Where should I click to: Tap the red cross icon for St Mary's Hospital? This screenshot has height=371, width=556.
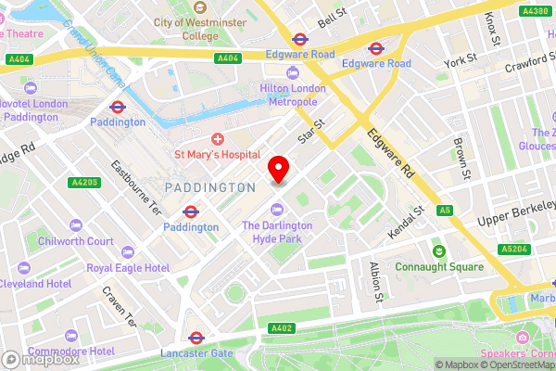coord(217,137)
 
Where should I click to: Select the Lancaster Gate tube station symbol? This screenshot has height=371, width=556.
coord(196,338)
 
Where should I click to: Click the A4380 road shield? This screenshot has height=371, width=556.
coord(534,11)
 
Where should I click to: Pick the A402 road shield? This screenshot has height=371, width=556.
coord(284,327)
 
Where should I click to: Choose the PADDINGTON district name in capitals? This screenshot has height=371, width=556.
coord(208,187)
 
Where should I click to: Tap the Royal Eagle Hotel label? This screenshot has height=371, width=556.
coord(128,267)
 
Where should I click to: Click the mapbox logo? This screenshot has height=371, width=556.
coord(40,360)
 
